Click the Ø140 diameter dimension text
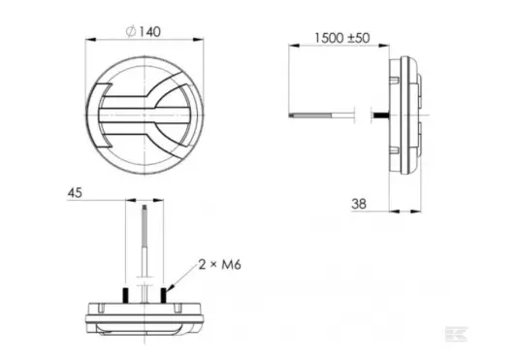point(144,32)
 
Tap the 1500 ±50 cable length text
point(342,38)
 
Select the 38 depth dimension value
point(359,204)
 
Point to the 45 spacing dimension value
point(75,193)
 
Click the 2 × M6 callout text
point(219,264)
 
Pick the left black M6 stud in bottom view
point(126,295)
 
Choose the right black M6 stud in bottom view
point(163,295)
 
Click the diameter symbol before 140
point(131,32)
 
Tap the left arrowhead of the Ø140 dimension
point(90,40)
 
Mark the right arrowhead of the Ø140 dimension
point(199,40)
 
